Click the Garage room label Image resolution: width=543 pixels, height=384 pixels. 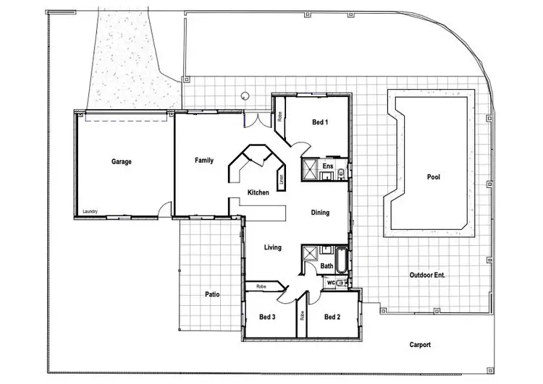[x=121, y=161]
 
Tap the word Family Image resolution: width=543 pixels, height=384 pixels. [x=204, y=161]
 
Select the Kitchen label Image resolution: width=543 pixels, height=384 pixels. [x=258, y=192]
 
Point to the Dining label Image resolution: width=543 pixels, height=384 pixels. [x=320, y=213]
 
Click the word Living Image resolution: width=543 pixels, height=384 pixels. [x=272, y=247]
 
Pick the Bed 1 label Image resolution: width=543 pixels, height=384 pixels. [x=320, y=122]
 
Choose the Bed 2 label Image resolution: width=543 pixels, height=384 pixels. [x=332, y=317]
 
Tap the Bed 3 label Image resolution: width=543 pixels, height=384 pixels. [x=267, y=317]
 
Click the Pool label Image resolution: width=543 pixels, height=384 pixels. [x=433, y=176]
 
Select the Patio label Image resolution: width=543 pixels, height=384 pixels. [x=212, y=294]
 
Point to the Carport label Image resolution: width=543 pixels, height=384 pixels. [x=420, y=345]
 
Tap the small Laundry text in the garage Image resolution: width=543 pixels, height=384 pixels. [x=90, y=211]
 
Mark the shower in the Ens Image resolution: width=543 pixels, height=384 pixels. [x=311, y=168]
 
